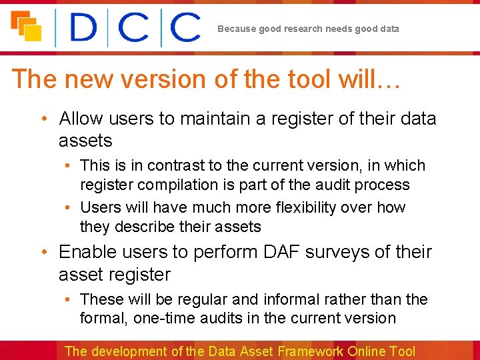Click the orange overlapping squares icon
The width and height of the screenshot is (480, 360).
click(26, 26)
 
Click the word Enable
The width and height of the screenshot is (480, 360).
click(85, 252)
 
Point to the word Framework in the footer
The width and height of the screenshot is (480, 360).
click(311, 351)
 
